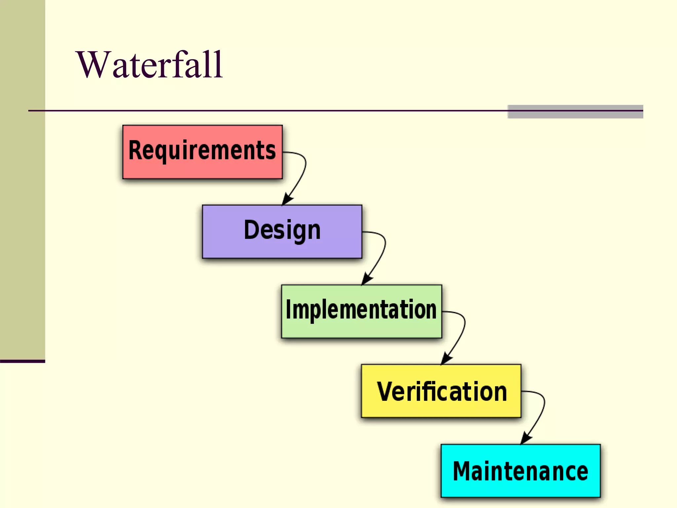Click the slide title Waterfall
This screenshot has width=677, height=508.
coord(149,65)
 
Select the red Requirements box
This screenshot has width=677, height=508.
coord(202,169)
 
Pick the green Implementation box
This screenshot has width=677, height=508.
coord(361,329)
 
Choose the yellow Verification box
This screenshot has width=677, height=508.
coord(441,408)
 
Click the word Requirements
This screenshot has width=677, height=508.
coord(202,150)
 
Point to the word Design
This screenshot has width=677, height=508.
coord(282,230)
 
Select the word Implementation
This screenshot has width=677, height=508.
coord(361,310)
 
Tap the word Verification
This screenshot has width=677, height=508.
coord(442,392)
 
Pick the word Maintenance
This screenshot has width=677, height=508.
coord(520,471)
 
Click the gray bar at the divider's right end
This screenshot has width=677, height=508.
coord(575,112)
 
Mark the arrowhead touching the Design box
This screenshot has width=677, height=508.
coord(287,200)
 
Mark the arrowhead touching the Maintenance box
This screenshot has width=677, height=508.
coord(525,439)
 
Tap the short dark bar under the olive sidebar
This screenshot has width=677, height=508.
coord(22,361)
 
